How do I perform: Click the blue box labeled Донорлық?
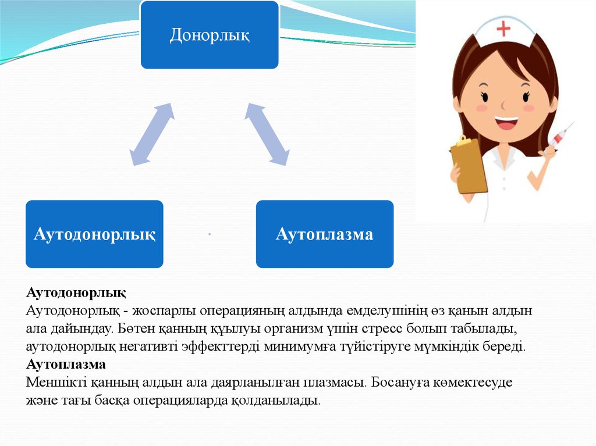(210, 35)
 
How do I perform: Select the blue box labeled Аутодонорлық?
(94, 234)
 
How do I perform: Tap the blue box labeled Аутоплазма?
(325, 234)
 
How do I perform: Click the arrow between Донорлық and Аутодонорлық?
(151, 135)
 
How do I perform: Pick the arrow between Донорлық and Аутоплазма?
(267, 135)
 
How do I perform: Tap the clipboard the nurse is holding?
(469, 166)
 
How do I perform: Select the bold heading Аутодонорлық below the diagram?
(76, 291)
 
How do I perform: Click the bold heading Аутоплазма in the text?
(66, 365)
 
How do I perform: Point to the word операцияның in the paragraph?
(247, 311)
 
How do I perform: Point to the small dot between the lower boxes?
(209, 234)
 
